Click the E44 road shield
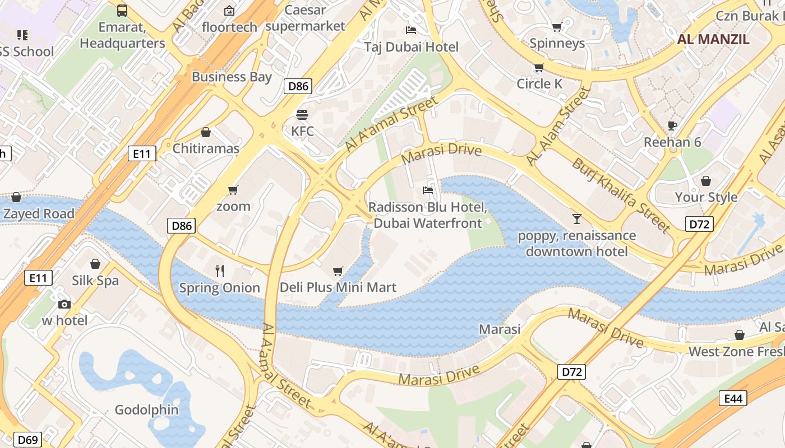733,398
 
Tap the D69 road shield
27,440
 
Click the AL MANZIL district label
713,39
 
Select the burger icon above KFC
302,115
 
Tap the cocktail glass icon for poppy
576,218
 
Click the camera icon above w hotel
64,304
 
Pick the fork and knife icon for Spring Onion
220,271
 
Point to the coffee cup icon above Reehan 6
672,125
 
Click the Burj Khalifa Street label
621,195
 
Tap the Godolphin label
147,410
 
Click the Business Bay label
232,77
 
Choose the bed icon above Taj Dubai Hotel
411,30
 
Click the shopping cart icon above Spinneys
557,27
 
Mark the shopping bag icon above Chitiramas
206,132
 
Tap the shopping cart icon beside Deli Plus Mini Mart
338,272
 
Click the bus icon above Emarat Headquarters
122,10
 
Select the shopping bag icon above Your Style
706,181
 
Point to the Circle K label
539,83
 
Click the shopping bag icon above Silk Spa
95,264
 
